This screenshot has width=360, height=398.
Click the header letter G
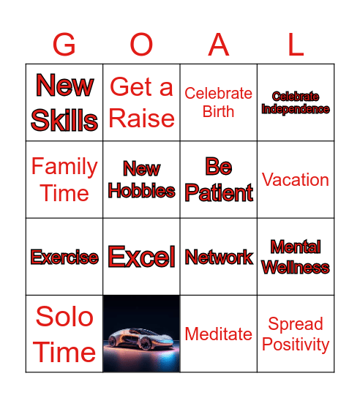point(64,45)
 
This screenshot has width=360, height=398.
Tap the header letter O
point(141,45)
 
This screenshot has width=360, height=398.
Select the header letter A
point(219,45)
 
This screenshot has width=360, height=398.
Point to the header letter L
point(296,45)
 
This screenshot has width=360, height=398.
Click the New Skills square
point(64,102)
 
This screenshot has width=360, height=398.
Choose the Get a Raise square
point(141,102)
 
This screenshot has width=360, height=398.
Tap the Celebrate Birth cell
point(219,102)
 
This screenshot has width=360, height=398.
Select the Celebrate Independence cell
point(296,102)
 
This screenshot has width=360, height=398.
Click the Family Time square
point(64,179)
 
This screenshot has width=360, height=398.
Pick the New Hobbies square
point(141,179)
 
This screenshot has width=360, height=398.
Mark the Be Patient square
point(219,179)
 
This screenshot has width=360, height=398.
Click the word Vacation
point(296,179)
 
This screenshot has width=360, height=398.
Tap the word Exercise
point(64,258)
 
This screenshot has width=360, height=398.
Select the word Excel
point(141,257)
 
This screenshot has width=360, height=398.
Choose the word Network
point(219,258)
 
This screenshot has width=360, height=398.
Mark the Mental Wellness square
point(296,257)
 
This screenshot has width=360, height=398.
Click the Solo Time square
point(64,334)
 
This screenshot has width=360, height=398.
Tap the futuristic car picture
point(141,334)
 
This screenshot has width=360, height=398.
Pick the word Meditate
point(219,334)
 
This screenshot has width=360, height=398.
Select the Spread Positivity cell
point(296,334)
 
